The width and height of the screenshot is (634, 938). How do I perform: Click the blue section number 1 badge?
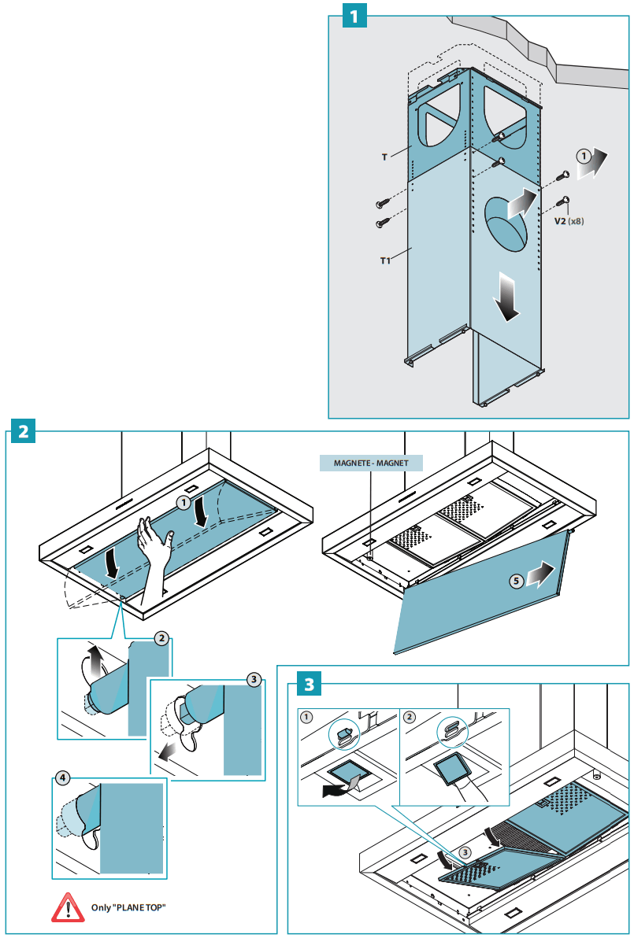354,17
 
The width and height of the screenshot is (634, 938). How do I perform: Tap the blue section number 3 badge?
310,684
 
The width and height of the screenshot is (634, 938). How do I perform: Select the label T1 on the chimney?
385,260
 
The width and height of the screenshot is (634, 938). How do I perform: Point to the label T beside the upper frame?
385,157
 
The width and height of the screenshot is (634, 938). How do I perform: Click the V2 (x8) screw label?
569,222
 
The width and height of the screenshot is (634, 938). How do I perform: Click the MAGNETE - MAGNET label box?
371,463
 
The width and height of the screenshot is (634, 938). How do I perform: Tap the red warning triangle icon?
68,907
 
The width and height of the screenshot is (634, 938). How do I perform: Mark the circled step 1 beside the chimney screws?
584,156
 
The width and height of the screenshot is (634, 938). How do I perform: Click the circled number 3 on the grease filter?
465,851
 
